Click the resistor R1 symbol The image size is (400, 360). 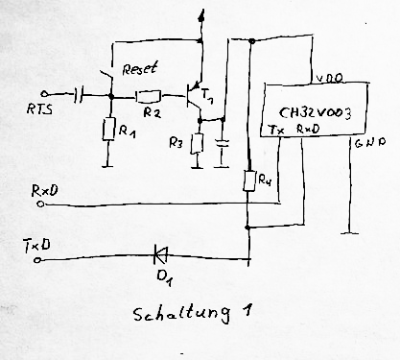[108, 129]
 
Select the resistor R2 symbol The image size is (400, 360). [148, 96]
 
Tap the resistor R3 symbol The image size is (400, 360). [197, 144]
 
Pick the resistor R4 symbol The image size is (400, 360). [249, 181]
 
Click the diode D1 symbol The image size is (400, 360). [160, 254]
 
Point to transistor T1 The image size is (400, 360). [194, 96]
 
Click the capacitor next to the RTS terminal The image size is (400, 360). [78, 95]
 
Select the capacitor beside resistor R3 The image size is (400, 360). [223, 143]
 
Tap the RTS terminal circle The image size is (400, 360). [44, 94]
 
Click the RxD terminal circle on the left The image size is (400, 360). [40, 204]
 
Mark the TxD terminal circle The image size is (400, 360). [37, 260]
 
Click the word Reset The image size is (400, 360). [140, 68]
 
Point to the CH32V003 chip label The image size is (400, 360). [315, 113]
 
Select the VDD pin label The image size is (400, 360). [329, 78]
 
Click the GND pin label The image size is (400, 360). [370, 143]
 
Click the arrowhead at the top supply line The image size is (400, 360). [201, 15]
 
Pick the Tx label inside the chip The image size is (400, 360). [276, 130]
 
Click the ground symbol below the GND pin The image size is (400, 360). [349, 233]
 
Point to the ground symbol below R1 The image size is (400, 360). [108, 166]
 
